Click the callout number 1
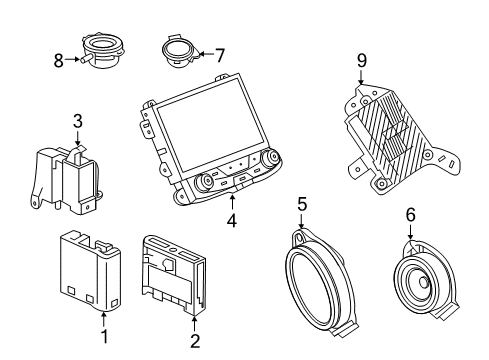click(103, 350)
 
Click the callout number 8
click(57, 60)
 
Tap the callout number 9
click(361, 62)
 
